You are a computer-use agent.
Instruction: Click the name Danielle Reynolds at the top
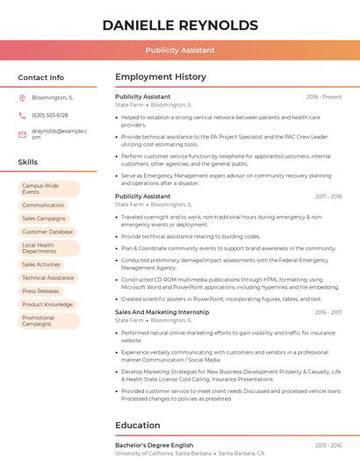[x=180, y=25]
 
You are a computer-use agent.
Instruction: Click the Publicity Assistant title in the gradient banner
[x=180, y=50]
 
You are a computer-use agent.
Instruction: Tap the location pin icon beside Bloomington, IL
[x=23, y=97]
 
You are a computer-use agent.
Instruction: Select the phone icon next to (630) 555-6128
[x=23, y=115]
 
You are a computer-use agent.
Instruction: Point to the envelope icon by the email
[x=23, y=134]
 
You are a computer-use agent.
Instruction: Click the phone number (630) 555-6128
[x=49, y=115]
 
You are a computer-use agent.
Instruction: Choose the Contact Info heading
[x=41, y=77]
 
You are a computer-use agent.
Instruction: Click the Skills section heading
[x=28, y=162]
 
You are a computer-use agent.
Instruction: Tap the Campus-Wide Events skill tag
[x=48, y=189]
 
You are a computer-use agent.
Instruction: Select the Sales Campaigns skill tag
[x=44, y=218]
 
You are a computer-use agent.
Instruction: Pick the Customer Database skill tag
[x=47, y=232]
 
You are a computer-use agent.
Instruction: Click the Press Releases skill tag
[x=40, y=291]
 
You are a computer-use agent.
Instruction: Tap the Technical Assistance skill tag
[x=47, y=277]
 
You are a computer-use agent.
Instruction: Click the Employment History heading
[x=160, y=77]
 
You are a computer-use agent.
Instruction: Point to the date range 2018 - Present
[x=324, y=97]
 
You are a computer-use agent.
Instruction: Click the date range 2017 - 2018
[x=328, y=197]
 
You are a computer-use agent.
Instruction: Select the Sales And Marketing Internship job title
[x=162, y=311]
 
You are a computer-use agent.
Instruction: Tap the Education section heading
[x=137, y=426]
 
